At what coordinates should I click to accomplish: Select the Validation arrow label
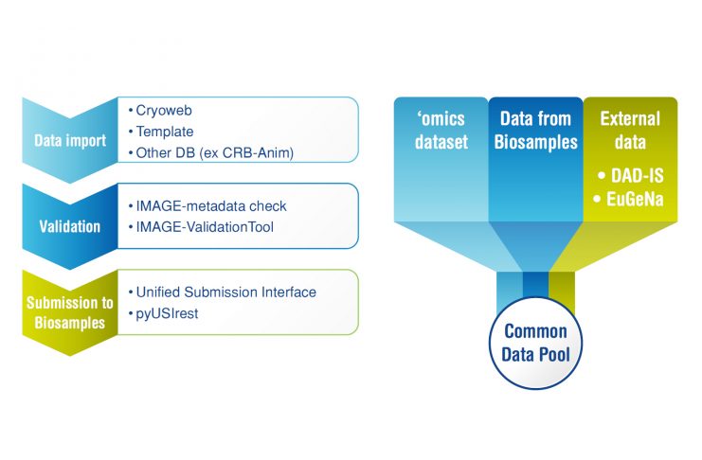(x=68, y=227)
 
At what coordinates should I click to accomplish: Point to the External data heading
(x=629, y=132)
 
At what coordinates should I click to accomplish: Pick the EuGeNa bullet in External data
(x=629, y=199)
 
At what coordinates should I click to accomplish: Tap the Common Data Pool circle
(x=535, y=344)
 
